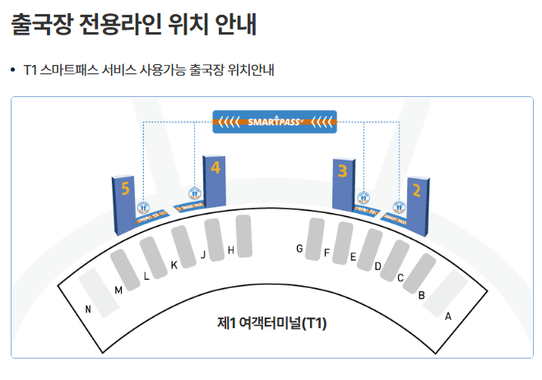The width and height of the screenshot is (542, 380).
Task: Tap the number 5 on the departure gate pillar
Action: [125, 189]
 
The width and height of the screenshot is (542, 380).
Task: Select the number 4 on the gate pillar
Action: [215, 168]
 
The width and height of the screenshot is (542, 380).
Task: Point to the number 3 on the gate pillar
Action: [342, 171]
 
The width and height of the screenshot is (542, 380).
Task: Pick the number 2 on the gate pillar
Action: [417, 191]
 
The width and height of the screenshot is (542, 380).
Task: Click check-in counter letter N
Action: [88, 309]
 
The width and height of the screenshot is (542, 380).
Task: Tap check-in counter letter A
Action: [448, 316]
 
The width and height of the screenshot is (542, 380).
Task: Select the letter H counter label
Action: [231, 250]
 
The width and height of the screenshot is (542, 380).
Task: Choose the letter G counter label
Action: [300, 248]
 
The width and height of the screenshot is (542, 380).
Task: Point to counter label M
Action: [118, 290]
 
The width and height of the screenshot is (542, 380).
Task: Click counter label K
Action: [174, 265]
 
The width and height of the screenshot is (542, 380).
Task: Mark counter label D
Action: [378, 266]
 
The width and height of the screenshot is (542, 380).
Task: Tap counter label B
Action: [421, 294]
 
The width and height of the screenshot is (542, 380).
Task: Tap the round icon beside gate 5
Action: [143, 208]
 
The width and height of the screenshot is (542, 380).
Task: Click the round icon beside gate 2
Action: [399, 208]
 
